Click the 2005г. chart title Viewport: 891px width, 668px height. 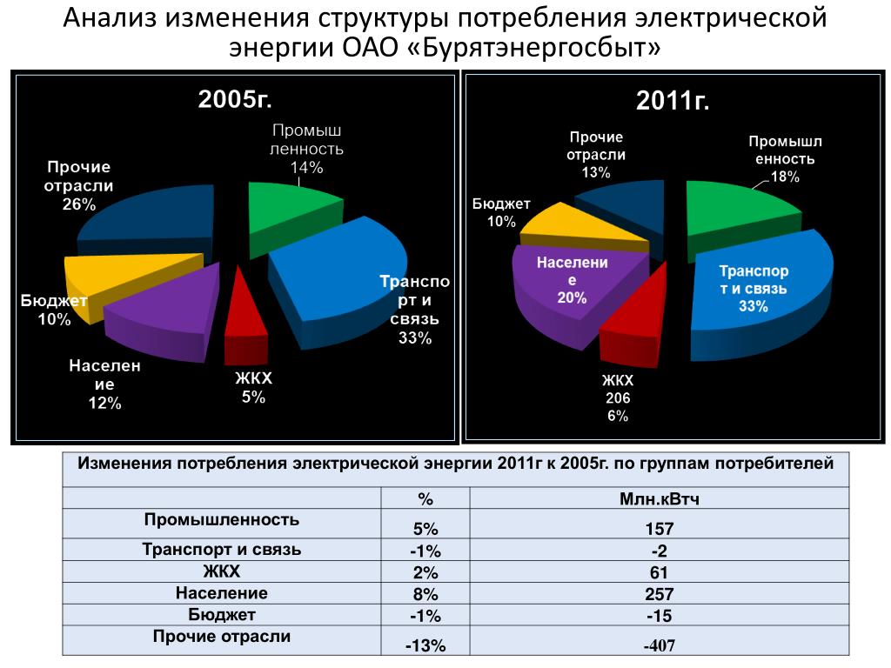pyautogui.click(x=235, y=99)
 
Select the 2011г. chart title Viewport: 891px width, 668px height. pyautogui.click(x=673, y=101)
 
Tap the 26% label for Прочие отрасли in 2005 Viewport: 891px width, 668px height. pyautogui.click(x=78, y=204)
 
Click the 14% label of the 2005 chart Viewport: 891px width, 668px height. pyautogui.click(x=307, y=167)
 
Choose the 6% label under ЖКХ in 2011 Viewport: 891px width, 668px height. pyautogui.click(x=617, y=416)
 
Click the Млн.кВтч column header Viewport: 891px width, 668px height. pyautogui.click(x=659, y=500)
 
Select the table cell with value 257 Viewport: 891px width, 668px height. pyautogui.click(x=659, y=594)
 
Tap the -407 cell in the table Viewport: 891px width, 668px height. pyautogui.click(x=659, y=645)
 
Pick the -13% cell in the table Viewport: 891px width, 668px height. pyautogui.click(x=425, y=645)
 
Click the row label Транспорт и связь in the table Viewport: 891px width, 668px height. pyautogui.click(x=222, y=550)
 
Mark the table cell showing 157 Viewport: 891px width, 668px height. pyautogui.click(x=659, y=529)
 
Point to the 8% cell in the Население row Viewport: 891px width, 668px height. pyautogui.click(x=425, y=594)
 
